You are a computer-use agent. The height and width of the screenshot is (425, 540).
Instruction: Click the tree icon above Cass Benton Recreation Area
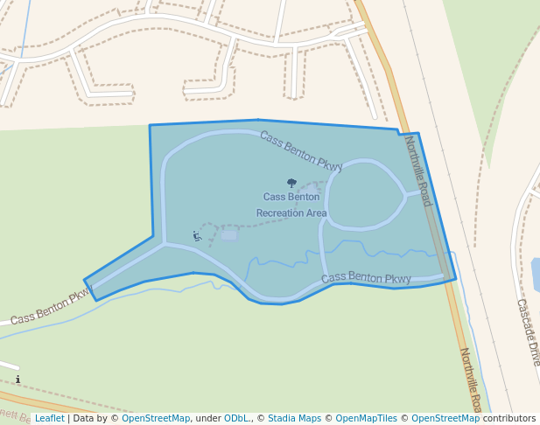coord(292,184)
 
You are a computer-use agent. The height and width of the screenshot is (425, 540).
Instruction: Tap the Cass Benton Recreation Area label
coord(291,205)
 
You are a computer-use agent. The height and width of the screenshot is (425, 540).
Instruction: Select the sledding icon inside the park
coord(198,235)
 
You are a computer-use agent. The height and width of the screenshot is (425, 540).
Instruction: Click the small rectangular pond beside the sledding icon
coord(229,234)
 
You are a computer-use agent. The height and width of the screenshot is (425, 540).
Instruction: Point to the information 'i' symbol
coord(18,380)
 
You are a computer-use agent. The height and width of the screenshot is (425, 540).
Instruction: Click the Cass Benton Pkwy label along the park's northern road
coord(300,151)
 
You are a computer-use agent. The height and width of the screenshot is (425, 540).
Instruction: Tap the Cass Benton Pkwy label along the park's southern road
coord(366,279)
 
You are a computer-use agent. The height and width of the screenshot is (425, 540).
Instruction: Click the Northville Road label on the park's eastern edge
coord(417,171)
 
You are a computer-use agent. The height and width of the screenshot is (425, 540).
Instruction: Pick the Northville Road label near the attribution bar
coord(470,380)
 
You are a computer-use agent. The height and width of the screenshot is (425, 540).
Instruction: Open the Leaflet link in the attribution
coord(49,418)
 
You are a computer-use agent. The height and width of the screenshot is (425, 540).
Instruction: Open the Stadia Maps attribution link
coord(294,418)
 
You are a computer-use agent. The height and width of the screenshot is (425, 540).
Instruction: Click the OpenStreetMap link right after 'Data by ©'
coord(156,418)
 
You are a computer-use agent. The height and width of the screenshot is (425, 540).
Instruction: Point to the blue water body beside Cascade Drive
coord(535,275)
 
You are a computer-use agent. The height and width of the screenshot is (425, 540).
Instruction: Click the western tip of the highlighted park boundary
coord(85,282)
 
